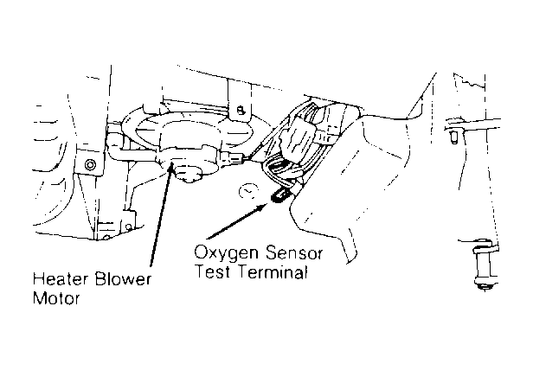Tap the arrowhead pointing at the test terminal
click(267, 202)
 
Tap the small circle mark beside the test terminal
click(248, 189)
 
